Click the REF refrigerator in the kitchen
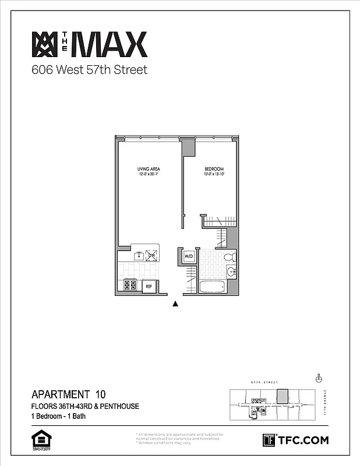(149, 286)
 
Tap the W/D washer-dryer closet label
(189, 256)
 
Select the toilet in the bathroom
(230, 256)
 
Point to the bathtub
(211, 287)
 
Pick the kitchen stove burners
(129, 285)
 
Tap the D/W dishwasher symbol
(151, 255)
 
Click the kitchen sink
(139, 255)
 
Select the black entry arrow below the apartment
(175, 303)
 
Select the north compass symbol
(319, 379)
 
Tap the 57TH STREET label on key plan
(262, 383)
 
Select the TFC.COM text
(303, 440)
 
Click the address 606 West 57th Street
(89, 70)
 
